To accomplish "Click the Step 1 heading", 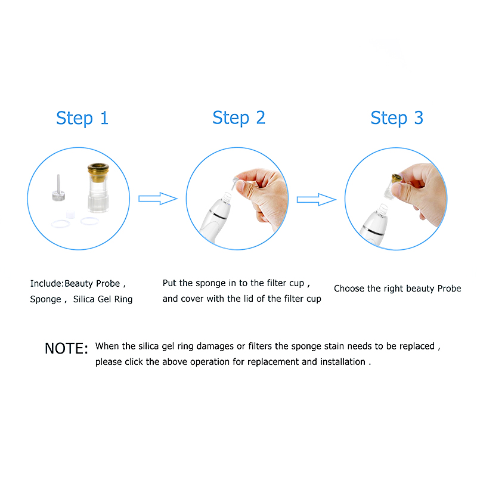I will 82,117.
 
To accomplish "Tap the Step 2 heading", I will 238,117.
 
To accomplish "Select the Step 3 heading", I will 397,117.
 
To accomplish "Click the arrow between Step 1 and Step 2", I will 158,199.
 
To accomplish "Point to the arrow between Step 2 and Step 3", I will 316,200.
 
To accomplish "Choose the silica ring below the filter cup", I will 89,221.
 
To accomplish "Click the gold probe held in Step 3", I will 395,178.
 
